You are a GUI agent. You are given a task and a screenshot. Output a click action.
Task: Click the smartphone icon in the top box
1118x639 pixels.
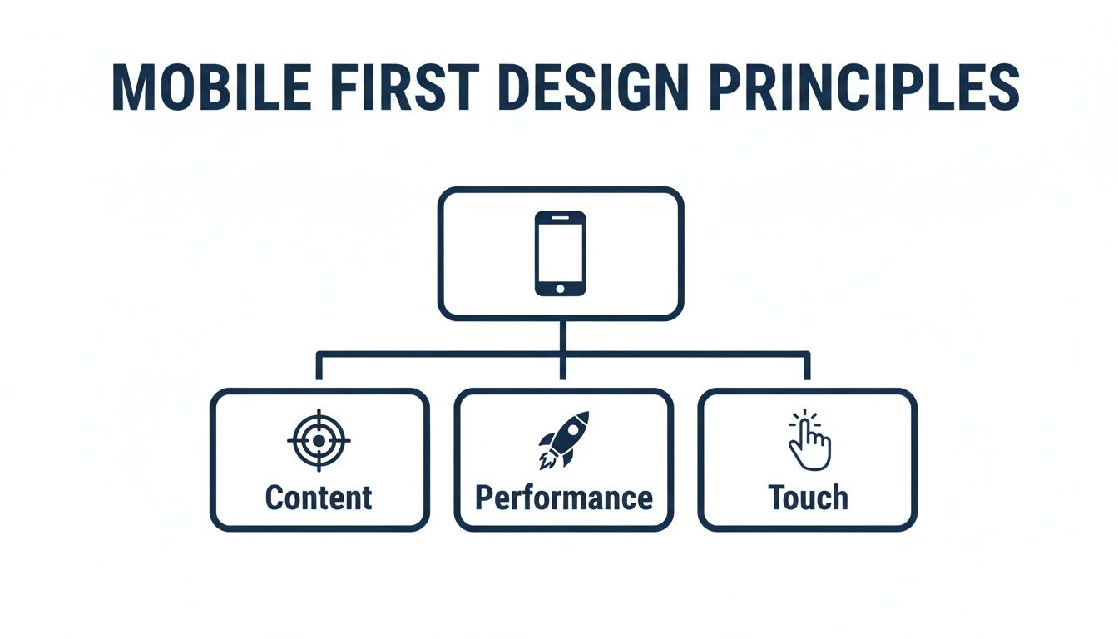(560, 253)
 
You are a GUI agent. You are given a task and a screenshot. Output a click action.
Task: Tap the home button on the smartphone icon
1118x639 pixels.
(560, 288)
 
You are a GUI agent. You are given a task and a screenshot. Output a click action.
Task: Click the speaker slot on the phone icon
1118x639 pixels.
(560, 218)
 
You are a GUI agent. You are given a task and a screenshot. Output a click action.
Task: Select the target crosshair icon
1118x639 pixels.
(319, 440)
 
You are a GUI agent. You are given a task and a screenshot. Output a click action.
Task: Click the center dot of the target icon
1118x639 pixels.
(319, 440)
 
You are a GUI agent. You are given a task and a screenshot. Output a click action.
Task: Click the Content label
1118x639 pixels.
(319, 498)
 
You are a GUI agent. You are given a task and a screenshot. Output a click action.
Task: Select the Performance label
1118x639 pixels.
(563, 498)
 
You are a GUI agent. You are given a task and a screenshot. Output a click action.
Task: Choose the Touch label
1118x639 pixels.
(808, 498)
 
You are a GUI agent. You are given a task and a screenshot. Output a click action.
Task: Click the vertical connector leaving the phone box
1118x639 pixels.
(563, 336)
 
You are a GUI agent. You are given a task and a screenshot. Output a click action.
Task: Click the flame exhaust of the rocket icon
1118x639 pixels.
(546, 458)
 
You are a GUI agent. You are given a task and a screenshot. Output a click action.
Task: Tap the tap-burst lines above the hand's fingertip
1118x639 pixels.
(804, 415)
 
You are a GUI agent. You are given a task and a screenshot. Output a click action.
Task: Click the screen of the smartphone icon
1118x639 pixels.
(560, 251)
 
